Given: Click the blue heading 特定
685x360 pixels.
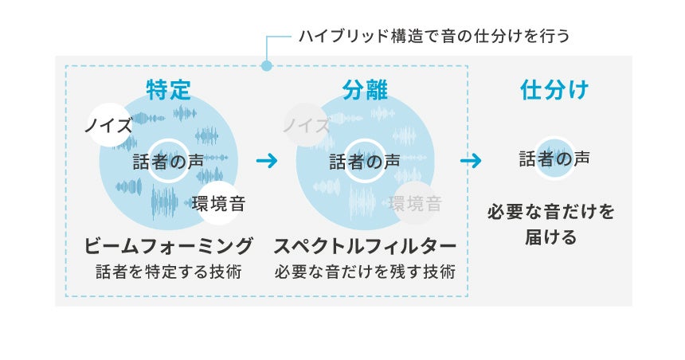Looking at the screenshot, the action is pyautogui.click(x=168, y=90).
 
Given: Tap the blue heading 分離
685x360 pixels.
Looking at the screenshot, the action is pyautogui.click(x=365, y=90).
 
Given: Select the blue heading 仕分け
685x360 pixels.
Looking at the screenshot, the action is pyautogui.click(x=554, y=90).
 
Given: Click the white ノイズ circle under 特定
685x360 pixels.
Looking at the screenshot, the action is pyautogui.click(x=109, y=125).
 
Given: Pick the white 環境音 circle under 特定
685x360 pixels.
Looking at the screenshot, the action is pyautogui.click(x=218, y=203).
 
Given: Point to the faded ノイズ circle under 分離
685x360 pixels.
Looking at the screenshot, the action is pyautogui.click(x=307, y=125).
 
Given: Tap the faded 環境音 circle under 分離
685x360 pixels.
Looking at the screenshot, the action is pyautogui.click(x=414, y=203).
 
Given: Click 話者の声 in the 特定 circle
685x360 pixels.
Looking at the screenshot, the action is pyautogui.click(x=168, y=161).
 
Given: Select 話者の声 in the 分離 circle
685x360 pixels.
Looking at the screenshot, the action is pyautogui.click(x=365, y=161).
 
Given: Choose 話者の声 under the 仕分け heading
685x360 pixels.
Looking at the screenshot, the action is pyautogui.click(x=554, y=158).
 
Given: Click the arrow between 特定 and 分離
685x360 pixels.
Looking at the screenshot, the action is pyautogui.click(x=267, y=161).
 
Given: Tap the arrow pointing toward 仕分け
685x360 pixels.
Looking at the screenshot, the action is pyautogui.click(x=471, y=161).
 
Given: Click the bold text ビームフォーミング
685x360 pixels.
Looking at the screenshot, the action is pyautogui.click(x=168, y=245).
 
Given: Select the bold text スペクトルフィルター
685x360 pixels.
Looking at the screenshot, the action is pyautogui.click(x=365, y=245).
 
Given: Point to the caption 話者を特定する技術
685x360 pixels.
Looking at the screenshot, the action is pyautogui.click(x=168, y=272).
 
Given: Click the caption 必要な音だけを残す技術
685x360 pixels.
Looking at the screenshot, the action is pyautogui.click(x=365, y=272).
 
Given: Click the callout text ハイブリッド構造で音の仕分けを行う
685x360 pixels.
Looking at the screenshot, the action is pyautogui.click(x=434, y=36).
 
